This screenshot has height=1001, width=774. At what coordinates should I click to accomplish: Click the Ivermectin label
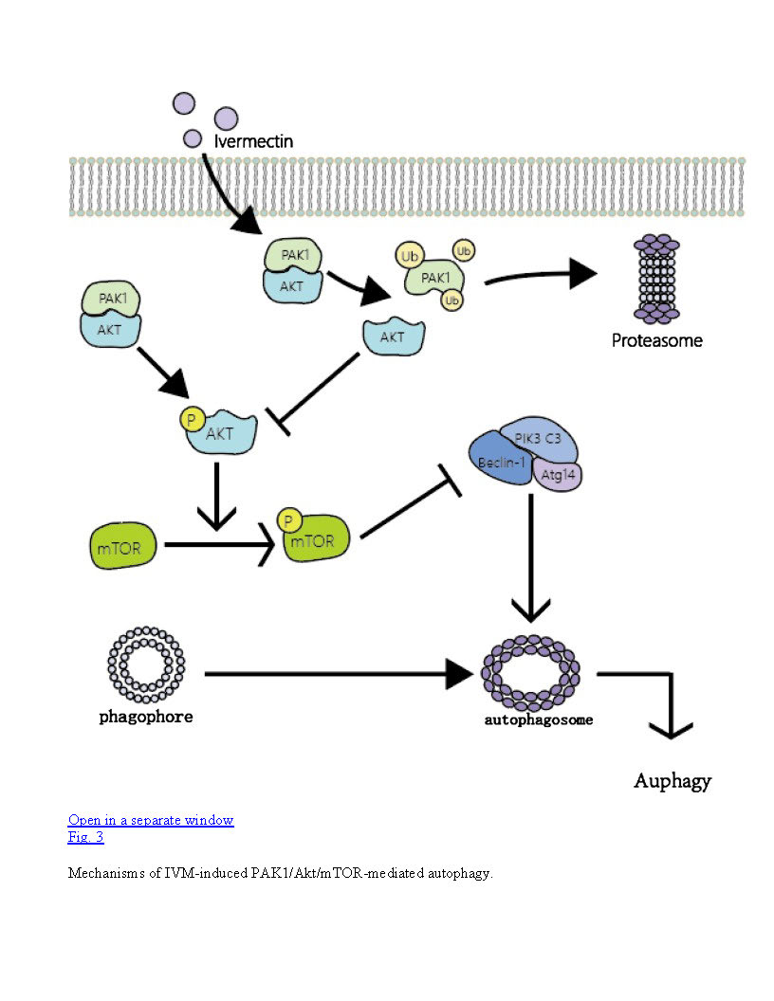click(253, 141)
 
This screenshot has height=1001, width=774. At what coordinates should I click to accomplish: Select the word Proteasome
click(656, 340)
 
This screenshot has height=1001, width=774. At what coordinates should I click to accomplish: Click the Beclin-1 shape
click(503, 461)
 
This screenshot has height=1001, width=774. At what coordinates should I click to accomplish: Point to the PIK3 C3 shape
click(541, 438)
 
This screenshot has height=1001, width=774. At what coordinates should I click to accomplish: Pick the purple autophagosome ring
click(530, 672)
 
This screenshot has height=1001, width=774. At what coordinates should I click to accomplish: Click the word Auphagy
click(672, 781)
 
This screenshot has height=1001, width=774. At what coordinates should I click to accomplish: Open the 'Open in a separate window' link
click(151, 820)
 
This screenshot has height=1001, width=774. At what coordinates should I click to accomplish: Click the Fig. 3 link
click(85, 837)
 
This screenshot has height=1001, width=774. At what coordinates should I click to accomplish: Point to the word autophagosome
click(538, 719)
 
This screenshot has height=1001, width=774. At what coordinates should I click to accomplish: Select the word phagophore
click(146, 717)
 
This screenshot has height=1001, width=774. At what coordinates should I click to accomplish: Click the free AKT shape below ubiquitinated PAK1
click(393, 337)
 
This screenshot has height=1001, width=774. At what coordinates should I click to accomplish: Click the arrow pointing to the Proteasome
click(541, 276)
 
